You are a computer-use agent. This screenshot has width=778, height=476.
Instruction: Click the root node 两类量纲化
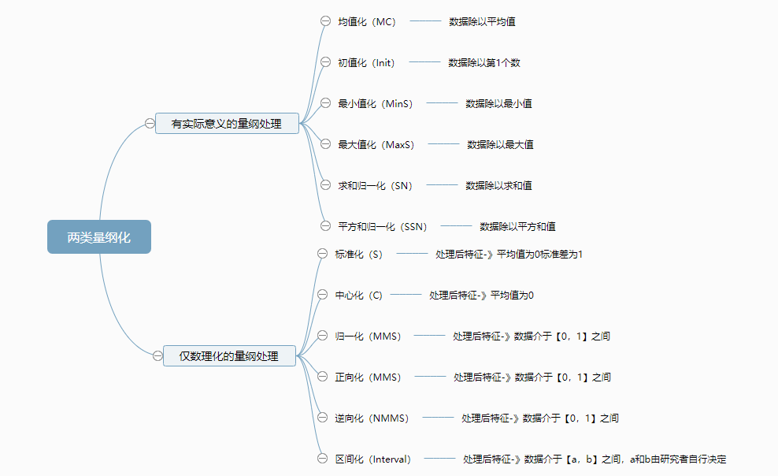98,236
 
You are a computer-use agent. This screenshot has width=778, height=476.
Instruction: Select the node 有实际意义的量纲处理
227,123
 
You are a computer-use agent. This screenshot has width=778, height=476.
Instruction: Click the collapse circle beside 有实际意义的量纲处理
150,123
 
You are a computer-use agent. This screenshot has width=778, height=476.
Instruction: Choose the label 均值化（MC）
366,21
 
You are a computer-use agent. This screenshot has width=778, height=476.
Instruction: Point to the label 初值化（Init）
366,62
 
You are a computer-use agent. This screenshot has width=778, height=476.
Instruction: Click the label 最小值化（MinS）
375,103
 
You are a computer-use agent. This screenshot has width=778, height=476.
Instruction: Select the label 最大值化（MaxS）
376,144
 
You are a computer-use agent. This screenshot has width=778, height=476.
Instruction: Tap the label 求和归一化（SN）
375,185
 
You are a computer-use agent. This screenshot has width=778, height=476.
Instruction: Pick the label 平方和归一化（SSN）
382,226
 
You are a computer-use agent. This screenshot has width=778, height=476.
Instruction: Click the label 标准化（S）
358,254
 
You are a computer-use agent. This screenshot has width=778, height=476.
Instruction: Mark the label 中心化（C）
358,295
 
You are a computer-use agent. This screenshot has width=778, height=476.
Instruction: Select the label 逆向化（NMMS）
372,418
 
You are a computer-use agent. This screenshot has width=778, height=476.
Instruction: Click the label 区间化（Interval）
372,459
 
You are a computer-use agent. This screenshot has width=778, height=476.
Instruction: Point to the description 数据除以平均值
482,21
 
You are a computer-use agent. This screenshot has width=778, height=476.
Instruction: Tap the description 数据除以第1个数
484,62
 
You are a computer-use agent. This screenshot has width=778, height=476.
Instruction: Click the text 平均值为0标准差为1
539,254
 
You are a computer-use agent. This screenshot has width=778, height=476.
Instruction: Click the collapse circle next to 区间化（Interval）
321,459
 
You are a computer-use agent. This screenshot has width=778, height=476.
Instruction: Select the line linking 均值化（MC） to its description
425,21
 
